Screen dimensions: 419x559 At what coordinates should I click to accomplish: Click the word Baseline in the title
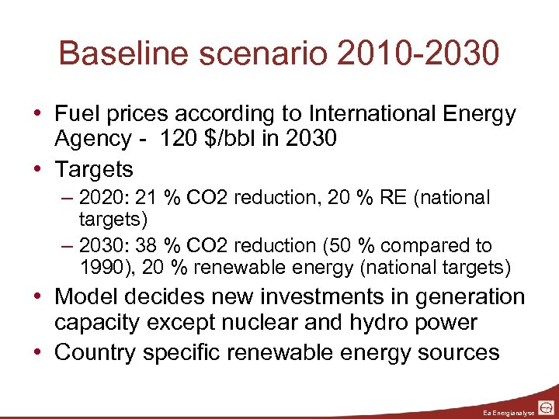[117, 54]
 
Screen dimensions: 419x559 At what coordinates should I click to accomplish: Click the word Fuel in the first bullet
[75, 114]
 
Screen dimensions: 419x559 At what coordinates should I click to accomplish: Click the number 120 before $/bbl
[178, 139]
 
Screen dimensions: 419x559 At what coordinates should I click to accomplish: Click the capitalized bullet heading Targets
[94, 169]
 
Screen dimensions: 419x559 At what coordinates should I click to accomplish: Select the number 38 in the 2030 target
[145, 246]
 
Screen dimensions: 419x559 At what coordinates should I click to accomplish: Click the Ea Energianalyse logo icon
[547, 407]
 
